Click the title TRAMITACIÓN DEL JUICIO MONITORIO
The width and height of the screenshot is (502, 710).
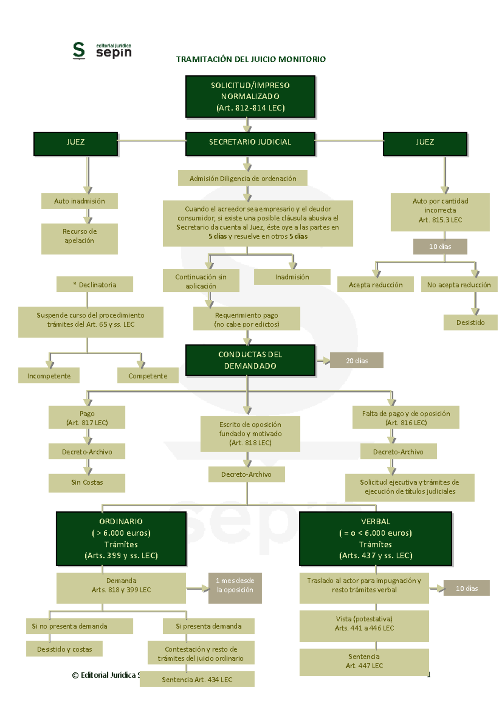(x=251, y=59)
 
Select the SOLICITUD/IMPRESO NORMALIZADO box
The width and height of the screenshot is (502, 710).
(x=250, y=97)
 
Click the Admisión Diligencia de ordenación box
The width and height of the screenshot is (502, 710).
(x=243, y=178)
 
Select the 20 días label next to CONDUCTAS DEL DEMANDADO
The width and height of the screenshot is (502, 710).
(x=356, y=360)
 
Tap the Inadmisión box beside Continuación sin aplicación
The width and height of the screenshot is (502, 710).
(x=292, y=277)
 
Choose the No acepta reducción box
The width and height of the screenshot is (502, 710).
(x=459, y=285)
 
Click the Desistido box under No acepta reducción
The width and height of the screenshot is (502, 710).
(x=470, y=322)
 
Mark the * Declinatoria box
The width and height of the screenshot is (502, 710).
(x=95, y=284)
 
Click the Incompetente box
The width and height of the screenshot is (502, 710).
(x=49, y=375)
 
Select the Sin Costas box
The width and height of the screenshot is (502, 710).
(x=87, y=483)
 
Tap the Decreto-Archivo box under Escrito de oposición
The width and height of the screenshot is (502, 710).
(x=246, y=475)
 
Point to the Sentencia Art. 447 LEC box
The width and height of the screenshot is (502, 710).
(x=364, y=661)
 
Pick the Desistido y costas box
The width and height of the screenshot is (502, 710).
(x=64, y=649)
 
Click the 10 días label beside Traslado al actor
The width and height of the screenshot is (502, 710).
(x=466, y=588)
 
